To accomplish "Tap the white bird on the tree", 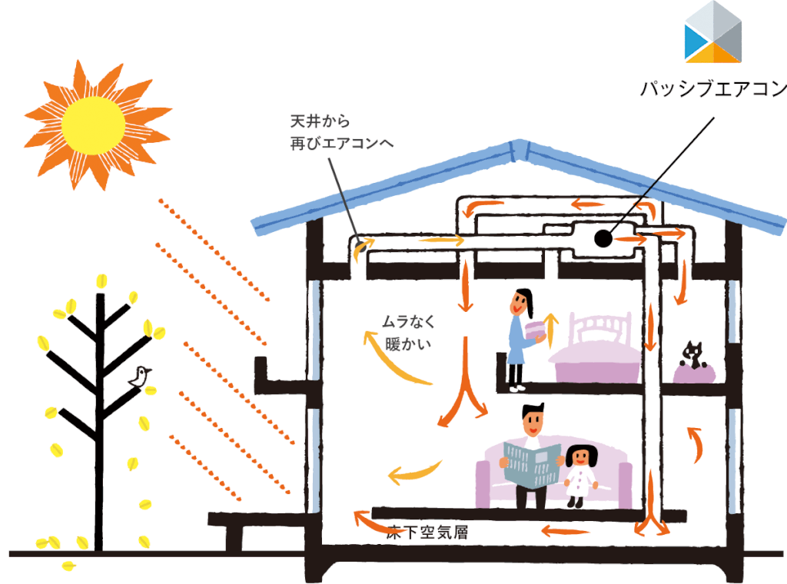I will pyautogui.click(x=140, y=377).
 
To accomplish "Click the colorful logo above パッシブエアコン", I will pyautogui.click(x=714, y=32).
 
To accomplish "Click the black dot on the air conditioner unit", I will pyautogui.click(x=603, y=239).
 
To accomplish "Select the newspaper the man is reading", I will pyautogui.click(x=532, y=463).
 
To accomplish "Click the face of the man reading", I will pyautogui.click(x=533, y=422).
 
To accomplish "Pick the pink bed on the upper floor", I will pyautogui.click(x=595, y=353).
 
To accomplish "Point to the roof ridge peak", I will pyautogui.click(x=520, y=144).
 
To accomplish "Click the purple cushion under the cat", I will pyautogui.click(x=694, y=373).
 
